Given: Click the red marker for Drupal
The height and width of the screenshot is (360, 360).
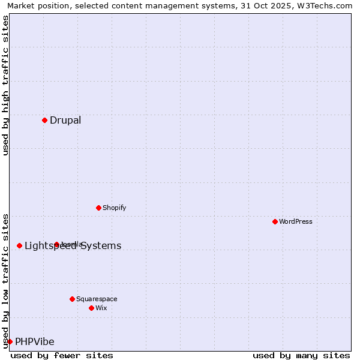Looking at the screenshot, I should [x=44, y=120].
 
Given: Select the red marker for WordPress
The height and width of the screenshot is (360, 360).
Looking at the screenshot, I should [x=275, y=221].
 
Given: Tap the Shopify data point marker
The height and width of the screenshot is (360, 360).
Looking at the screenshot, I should [x=98, y=208].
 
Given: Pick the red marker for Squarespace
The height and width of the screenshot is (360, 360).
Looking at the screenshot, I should [x=72, y=299].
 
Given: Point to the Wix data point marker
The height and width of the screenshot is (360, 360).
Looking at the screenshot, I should [x=91, y=308].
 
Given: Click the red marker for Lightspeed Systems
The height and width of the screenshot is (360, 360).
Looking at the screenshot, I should [x=19, y=245].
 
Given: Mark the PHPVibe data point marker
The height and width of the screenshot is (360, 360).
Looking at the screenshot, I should [x=10, y=341].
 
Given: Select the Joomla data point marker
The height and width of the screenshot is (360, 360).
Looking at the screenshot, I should [x=56, y=244].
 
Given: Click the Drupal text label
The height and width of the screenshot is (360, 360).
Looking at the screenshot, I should [x=65, y=120].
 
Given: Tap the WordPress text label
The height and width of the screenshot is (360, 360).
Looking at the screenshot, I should [x=296, y=221].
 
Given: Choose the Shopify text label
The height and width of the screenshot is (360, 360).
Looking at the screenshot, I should [x=114, y=208].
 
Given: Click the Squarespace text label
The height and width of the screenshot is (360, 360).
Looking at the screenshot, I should [x=97, y=299].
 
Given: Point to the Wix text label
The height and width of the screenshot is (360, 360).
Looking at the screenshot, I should [x=101, y=308].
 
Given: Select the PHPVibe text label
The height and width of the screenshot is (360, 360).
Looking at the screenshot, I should [x=34, y=341].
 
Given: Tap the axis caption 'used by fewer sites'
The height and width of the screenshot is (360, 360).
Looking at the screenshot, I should [x=62, y=355].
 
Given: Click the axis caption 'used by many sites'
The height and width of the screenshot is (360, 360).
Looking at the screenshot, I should [x=301, y=355].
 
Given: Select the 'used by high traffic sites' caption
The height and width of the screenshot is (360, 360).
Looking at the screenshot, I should [x=5, y=85].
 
